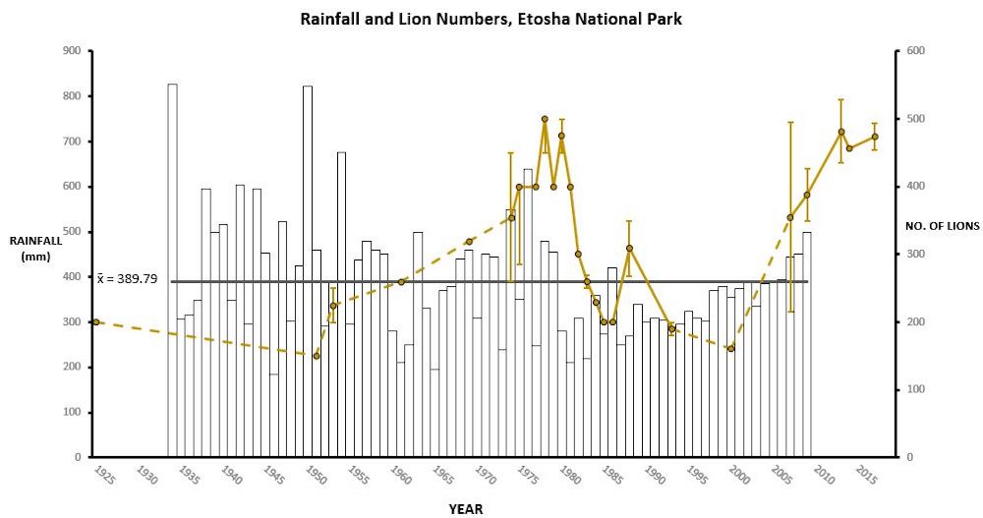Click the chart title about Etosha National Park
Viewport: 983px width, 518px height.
491,18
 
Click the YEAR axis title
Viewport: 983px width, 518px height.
465,509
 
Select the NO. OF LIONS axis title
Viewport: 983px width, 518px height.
942,226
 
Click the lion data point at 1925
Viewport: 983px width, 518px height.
95,321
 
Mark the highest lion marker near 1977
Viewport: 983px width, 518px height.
545,119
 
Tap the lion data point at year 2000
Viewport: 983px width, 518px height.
730,348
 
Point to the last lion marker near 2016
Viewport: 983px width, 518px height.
875,137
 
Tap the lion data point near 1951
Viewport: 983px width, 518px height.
317,356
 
